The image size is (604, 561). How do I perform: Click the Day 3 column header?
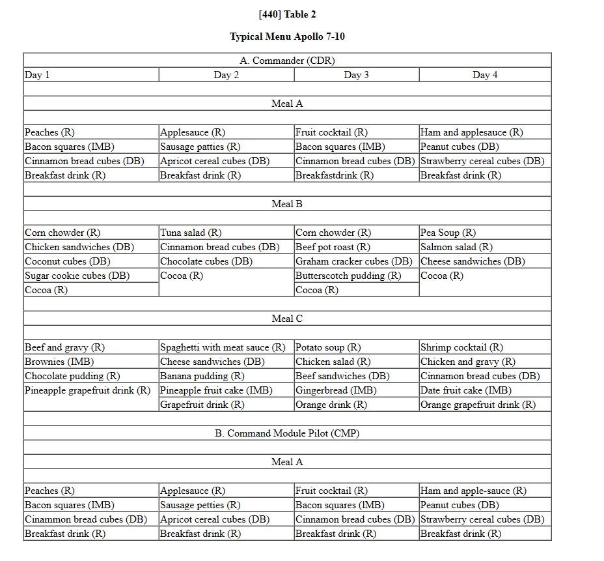[x=356, y=75]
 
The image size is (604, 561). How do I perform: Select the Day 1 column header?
[x=37, y=75]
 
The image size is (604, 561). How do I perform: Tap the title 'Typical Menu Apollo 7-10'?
[x=287, y=36]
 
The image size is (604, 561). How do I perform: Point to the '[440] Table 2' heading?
[x=287, y=14]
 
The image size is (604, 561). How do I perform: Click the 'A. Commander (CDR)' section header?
[x=287, y=61]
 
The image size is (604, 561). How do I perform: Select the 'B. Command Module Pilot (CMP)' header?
[x=287, y=433]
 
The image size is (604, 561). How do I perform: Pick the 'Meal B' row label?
[x=287, y=204]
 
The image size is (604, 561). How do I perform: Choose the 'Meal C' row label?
[x=287, y=319]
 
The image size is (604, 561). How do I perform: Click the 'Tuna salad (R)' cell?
[x=191, y=233]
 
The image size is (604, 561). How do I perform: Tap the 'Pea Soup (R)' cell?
[x=448, y=233]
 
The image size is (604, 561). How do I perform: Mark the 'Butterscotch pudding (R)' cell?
[x=348, y=276]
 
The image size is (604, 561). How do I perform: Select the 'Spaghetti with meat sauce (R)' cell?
[x=223, y=347]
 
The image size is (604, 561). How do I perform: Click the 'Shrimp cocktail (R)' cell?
[x=461, y=347]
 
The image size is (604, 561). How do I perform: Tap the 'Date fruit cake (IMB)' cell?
[x=465, y=390]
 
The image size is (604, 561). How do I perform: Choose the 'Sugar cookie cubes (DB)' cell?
[x=77, y=276]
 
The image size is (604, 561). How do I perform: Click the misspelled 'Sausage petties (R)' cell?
[x=200, y=505]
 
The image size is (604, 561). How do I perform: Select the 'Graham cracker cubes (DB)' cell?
[x=353, y=261]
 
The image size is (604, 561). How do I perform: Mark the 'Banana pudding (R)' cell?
[x=202, y=376]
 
